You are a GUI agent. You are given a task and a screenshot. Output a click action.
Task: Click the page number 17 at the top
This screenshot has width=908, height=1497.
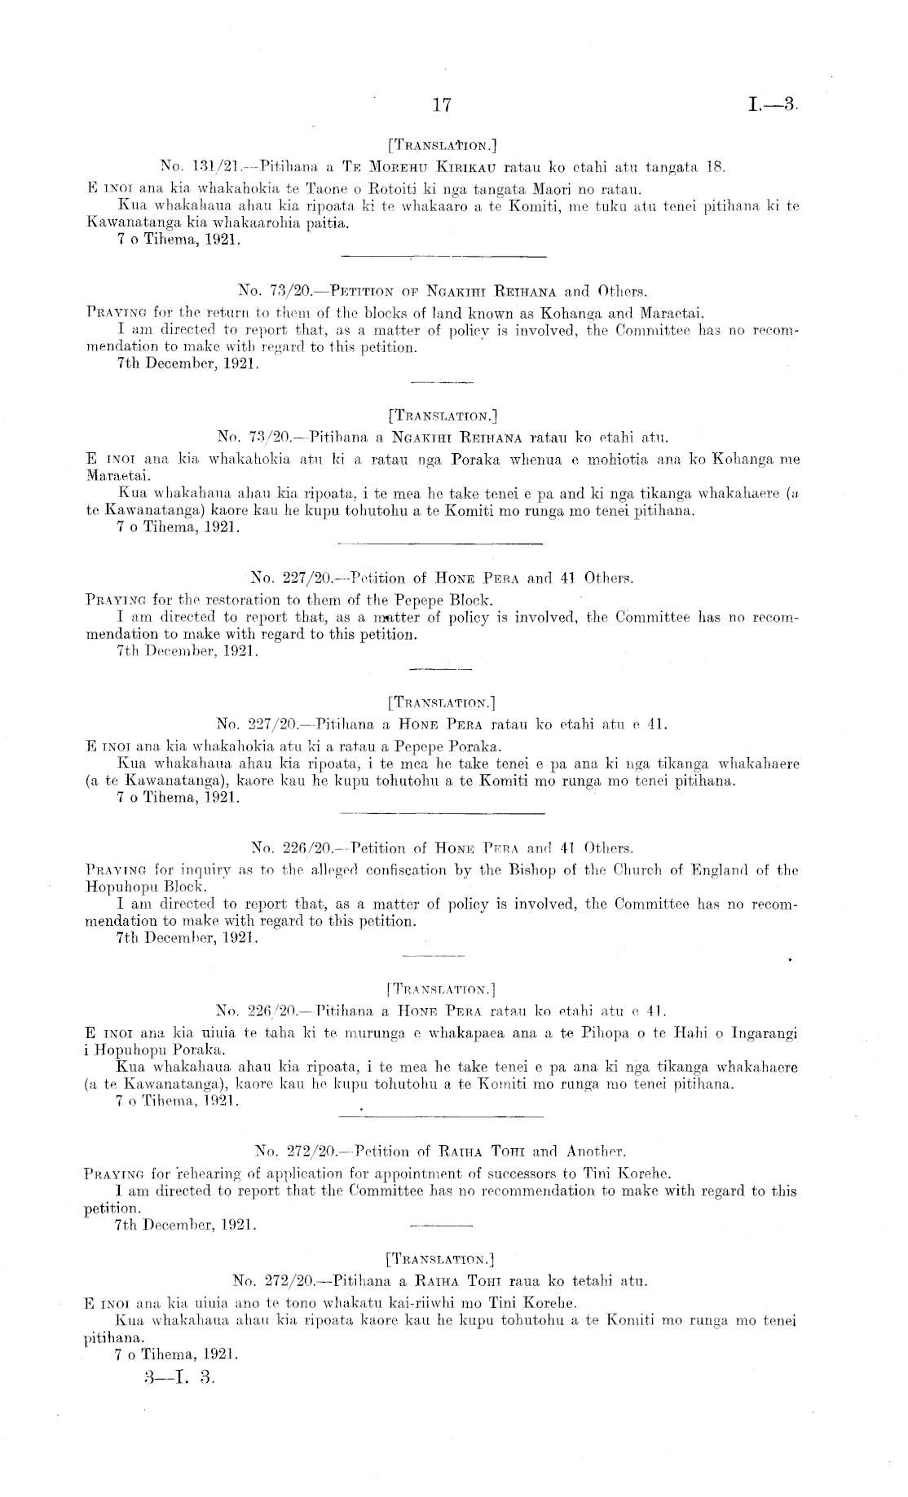[442, 105]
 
